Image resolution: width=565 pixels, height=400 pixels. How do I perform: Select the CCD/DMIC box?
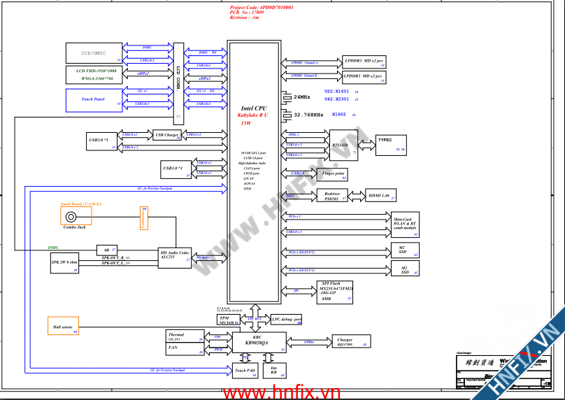point(94,53)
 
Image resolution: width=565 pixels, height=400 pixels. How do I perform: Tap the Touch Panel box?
point(94,99)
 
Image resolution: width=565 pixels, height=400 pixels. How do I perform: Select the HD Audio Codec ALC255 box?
point(175,257)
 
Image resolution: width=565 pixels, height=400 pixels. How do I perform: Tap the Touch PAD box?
point(245,370)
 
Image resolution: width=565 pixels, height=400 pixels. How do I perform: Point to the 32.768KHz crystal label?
point(308,115)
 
